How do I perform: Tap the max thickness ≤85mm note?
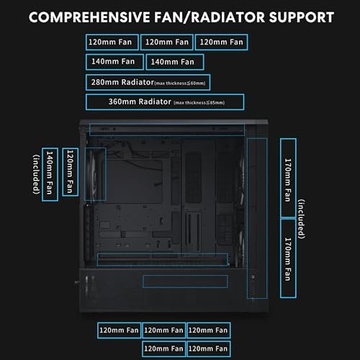(199, 102)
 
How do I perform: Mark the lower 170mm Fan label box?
(287, 258)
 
